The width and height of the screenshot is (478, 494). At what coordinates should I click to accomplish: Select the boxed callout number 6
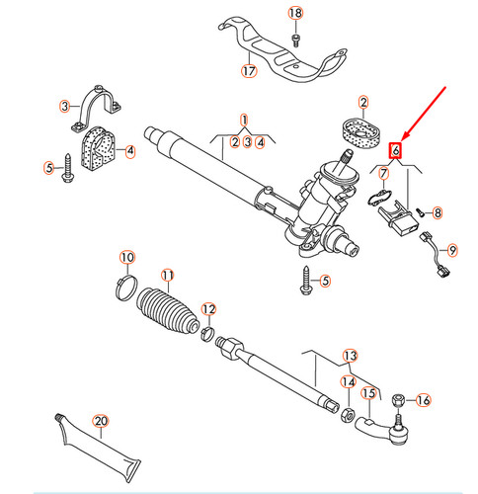click(x=395, y=151)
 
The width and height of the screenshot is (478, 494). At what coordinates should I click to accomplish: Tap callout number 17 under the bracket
click(x=249, y=71)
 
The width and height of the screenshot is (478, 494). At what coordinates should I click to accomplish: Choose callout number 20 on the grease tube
click(x=100, y=422)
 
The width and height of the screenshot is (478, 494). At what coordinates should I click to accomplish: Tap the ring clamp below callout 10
click(x=125, y=289)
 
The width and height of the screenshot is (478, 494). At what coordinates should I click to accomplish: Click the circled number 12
click(x=207, y=309)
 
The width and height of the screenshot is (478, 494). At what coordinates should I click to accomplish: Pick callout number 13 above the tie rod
click(x=349, y=355)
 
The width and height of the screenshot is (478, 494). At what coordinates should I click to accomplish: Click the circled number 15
click(x=368, y=393)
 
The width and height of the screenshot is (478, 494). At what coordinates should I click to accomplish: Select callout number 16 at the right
click(x=424, y=400)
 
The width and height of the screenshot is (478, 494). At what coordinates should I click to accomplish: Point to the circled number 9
click(x=453, y=249)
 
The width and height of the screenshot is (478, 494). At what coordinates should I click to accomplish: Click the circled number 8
click(x=438, y=212)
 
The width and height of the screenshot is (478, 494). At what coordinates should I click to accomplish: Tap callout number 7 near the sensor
click(x=384, y=174)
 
